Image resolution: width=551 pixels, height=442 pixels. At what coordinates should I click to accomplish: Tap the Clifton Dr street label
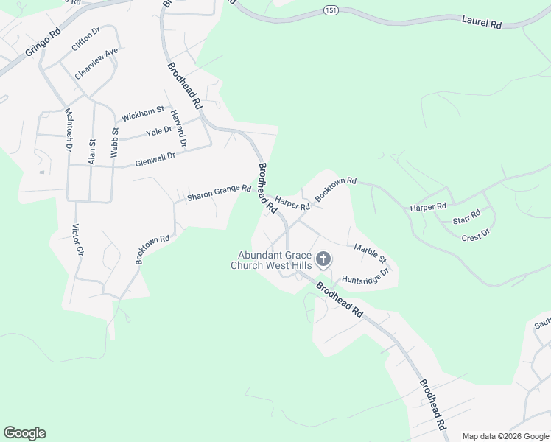(85, 40)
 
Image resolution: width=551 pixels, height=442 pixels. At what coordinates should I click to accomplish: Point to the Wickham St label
(142, 113)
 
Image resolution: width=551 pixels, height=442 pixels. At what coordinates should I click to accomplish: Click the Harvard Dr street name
(178, 127)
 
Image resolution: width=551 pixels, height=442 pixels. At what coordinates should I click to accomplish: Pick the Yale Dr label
(158, 131)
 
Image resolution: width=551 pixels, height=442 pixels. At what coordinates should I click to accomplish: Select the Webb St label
(114, 141)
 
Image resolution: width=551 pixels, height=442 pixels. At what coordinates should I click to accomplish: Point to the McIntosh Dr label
(69, 130)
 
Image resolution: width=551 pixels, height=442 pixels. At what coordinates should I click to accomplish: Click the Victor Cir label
(77, 239)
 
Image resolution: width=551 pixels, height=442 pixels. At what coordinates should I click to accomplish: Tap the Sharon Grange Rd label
(219, 193)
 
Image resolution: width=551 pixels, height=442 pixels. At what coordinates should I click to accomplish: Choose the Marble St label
(370, 253)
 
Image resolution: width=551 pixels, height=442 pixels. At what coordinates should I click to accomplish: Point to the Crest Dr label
(475, 235)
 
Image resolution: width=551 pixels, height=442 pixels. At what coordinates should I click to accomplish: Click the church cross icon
(323, 259)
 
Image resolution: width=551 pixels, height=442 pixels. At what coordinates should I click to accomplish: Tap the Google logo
(24, 432)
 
